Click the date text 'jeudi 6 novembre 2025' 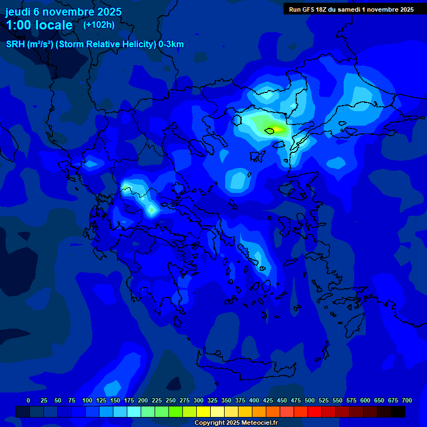click(x=63, y=12)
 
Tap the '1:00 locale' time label click(x=39, y=25)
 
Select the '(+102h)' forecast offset click(x=98, y=25)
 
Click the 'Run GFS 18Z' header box click(x=351, y=9)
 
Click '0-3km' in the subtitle click(x=171, y=44)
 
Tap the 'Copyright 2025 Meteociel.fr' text click(x=236, y=423)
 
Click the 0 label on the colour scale click(x=28, y=400)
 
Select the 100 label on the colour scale click(x=87, y=400)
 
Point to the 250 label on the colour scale click(x=171, y=400)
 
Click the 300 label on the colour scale click(x=198, y=400)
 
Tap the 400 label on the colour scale click(x=254, y=400)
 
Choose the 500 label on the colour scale click(x=310, y=400)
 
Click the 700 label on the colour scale click(x=407, y=400)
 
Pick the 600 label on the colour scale click(x=365, y=400)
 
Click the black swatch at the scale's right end click(x=398, y=411)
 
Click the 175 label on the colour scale click(x=129, y=400)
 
